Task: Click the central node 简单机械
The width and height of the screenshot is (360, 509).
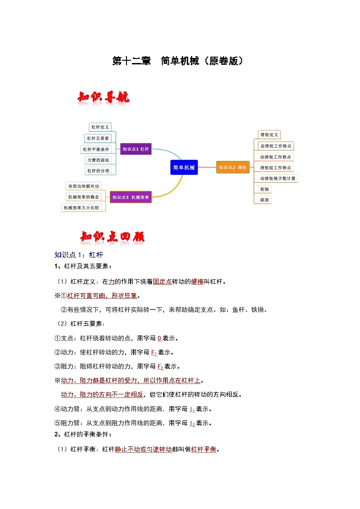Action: pyautogui.click(x=184, y=167)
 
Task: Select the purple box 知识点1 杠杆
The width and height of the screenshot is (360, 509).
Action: pyautogui.click(x=136, y=149)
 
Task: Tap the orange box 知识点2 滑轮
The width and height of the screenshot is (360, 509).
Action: pyautogui.click(x=233, y=167)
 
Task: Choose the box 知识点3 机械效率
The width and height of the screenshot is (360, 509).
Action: pyautogui.click(x=131, y=197)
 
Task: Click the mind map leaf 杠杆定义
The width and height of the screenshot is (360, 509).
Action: pyautogui.click(x=100, y=127)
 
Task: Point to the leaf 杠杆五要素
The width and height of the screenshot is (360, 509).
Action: pyautogui.click(x=101, y=138)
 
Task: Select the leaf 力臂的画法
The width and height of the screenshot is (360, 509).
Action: pyautogui.click(x=98, y=160)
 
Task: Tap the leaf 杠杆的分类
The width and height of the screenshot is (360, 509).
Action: pyautogui.click(x=98, y=171)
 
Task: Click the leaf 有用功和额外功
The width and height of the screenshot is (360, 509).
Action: pyautogui.click(x=83, y=186)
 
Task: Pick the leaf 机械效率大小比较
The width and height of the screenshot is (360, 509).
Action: pyautogui.click(x=82, y=207)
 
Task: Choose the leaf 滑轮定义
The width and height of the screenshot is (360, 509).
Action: pyautogui.click(x=269, y=135)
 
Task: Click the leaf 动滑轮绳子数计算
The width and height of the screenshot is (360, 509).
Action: pyautogui.click(x=278, y=178)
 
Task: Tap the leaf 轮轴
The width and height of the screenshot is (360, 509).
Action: pyautogui.click(x=264, y=189)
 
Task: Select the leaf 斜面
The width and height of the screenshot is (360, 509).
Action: pyautogui.click(x=264, y=199)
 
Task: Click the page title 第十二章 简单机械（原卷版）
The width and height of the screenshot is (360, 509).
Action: pyautogui.click(x=180, y=61)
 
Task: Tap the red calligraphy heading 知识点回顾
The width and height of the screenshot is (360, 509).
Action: pyautogui.click(x=112, y=237)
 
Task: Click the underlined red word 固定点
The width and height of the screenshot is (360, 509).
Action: pyautogui.click(x=162, y=281)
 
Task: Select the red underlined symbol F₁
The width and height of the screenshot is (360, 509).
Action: pyautogui.click(x=153, y=352)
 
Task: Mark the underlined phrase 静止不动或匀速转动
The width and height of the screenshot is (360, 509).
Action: pyautogui.click(x=143, y=450)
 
